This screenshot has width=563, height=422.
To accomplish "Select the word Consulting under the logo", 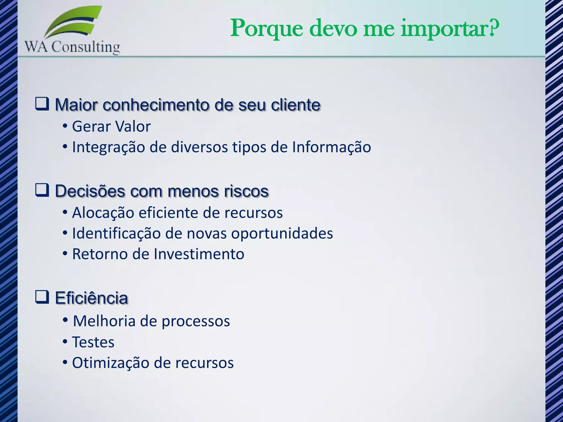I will pyautogui.click(x=86, y=47).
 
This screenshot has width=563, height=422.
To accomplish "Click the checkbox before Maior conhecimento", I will pyautogui.click(x=42, y=104).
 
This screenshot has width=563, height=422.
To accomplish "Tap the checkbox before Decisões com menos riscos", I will pyautogui.click(x=42, y=190).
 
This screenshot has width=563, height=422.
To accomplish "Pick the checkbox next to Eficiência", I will pyautogui.click(x=42, y=297).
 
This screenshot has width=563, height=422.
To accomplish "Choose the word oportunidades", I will pyautogui.click(x=282, y=234).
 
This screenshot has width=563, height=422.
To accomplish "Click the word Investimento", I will pyautogui.click(x=199, y=254).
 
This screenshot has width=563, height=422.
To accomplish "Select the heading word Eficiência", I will pyautogui.click(x=91, y=298).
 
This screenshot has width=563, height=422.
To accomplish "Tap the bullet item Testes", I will pyautogui.click(x=93, y=342).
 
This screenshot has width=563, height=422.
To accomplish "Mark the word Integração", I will pyautogui.click(x=108, y=147).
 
